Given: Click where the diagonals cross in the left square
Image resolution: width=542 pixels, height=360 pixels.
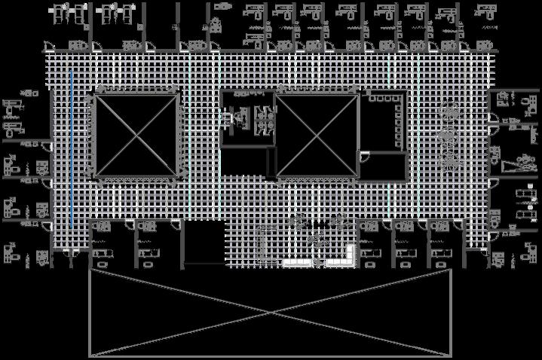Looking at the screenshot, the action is click(x=136, y=136).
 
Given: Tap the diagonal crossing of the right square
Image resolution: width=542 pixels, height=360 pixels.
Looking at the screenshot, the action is click(x=317, y=136).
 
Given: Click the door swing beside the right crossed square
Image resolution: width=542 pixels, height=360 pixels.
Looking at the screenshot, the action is click(x=364, y=157).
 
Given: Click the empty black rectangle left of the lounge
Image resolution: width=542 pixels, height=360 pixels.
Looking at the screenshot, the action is click(x=204, y=242).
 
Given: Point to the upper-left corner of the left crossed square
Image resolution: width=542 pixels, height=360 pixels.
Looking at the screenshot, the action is click(x=96, y=96).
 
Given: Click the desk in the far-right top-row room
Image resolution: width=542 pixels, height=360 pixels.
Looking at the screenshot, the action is click(x=482, y=13).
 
